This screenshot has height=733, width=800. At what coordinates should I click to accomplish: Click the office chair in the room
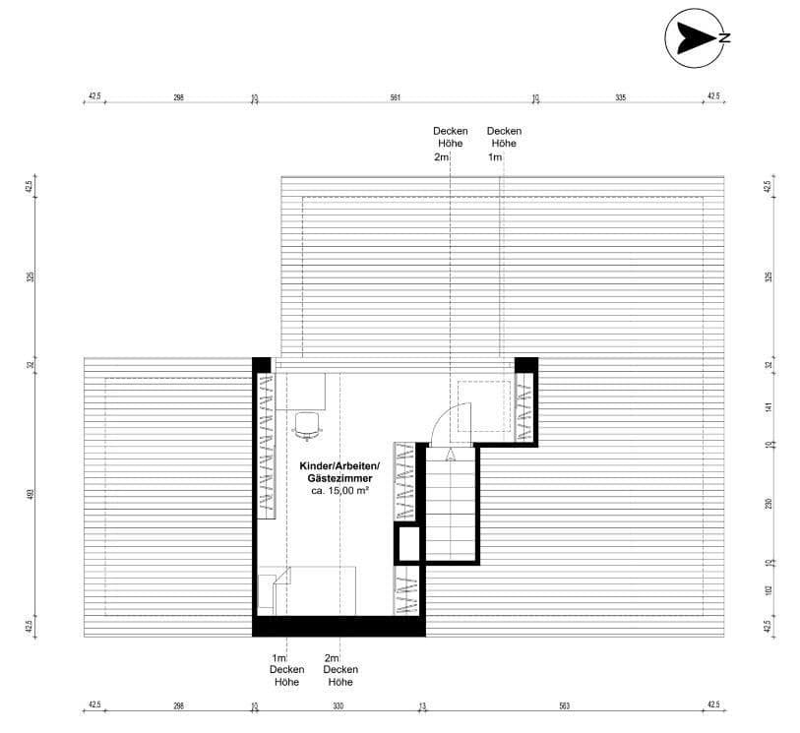coord(307,423)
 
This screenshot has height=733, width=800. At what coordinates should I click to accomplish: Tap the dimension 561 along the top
coord(395,97)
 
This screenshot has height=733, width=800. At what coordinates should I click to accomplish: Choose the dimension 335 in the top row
coord(620,97)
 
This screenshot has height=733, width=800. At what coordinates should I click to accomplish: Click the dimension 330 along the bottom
coord(338,705)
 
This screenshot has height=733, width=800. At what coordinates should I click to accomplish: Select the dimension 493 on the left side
coord(31,494)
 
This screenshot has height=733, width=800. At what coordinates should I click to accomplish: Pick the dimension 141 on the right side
coord(769,406)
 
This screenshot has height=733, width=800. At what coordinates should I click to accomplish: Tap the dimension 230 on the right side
coord(769,503)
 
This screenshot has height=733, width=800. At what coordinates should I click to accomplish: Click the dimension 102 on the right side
coord(769,591)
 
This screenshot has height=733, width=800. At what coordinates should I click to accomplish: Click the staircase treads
coord(452,502)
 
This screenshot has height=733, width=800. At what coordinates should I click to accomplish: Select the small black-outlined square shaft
coord(408,543)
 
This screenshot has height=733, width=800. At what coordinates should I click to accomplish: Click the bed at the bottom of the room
coord(315,590)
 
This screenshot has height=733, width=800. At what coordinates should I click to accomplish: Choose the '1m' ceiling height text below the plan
coord(278,658)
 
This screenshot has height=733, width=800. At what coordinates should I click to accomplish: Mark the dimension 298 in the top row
coord(178,97)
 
